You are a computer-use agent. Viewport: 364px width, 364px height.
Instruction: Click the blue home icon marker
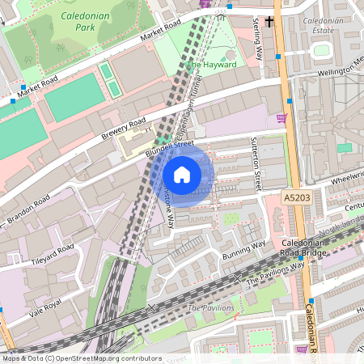pos(182,175)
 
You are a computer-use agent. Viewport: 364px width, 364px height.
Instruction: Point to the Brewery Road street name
pos(125,129)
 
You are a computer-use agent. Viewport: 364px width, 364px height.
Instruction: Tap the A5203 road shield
pos(297,197)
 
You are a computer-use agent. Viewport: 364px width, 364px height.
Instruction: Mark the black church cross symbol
pos(269,22)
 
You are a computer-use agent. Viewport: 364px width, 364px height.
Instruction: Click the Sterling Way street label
pos(260,38)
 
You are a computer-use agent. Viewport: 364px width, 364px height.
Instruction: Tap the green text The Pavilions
pos(211,308)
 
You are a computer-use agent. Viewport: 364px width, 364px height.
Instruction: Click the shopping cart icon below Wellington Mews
pos(281,118)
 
